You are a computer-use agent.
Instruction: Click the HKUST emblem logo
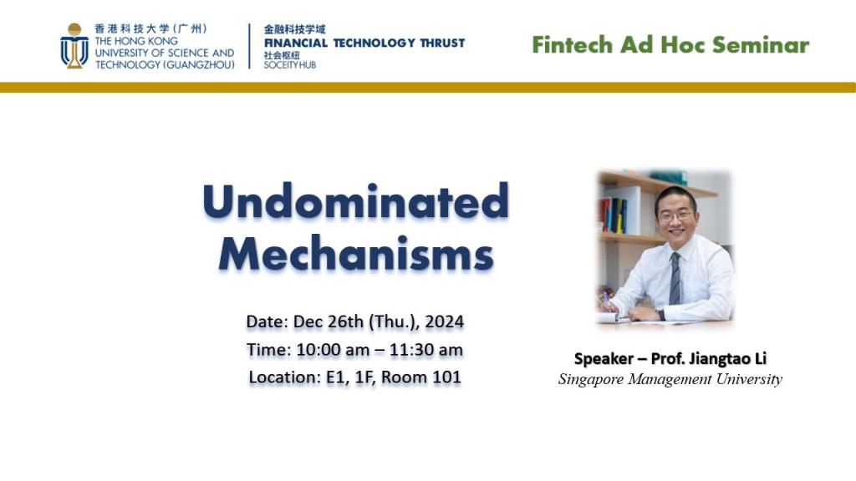coord(74,46)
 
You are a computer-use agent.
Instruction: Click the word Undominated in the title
coord(355,201)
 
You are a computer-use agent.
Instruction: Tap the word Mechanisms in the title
coord(355,254)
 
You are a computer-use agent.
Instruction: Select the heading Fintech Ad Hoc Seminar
coord(670,44)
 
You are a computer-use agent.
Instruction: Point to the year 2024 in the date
coord(445,322)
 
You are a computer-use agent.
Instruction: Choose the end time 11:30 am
coord(426,349)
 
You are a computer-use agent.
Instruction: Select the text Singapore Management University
coord(670,379)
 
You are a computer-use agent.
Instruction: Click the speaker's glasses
coord(675,215)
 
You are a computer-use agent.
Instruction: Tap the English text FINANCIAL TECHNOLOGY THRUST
coord(364,43)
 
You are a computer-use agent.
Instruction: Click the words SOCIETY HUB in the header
coord(289,64)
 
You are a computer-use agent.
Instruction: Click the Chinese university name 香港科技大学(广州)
coord(150,28)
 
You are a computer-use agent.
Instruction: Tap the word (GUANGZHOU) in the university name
coord(201,64)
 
